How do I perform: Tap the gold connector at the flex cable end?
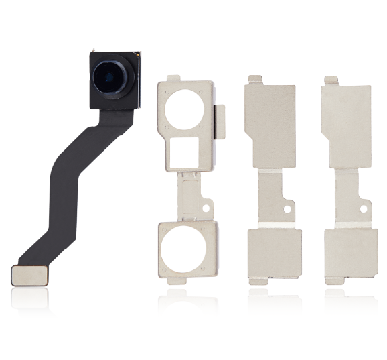click(29, 274)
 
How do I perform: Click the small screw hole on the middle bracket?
click(289, 209)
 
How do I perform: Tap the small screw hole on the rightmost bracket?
click(364, 209)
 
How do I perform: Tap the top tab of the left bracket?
click(172, 79)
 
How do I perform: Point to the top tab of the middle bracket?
click(254, 80)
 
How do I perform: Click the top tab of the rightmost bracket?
click(330, 80)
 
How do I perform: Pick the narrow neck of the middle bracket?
click(270, 198)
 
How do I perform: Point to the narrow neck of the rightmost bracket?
click(346, 198)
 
